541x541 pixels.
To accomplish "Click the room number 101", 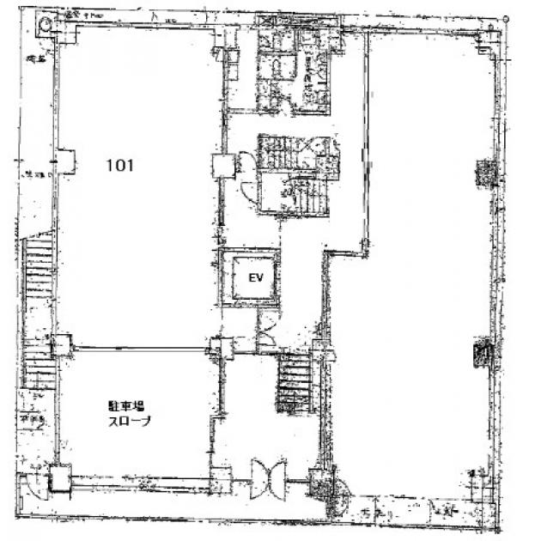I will (119, 167).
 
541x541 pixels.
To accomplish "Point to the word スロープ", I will (129, 421).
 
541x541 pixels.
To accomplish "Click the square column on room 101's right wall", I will (222, 166).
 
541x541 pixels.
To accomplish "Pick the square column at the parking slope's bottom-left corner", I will (59, 477).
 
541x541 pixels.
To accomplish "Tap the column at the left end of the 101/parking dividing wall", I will (63, 345).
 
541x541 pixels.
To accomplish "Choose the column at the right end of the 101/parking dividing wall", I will (217, 347).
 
